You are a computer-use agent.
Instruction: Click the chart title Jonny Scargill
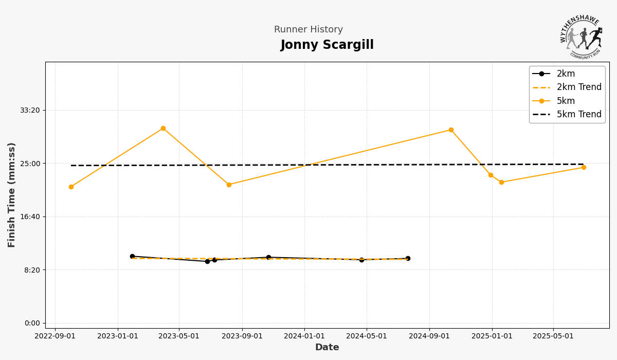327,45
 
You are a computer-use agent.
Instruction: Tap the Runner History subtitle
308,30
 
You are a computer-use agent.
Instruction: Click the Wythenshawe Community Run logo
582,36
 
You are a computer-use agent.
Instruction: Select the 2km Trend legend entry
578,87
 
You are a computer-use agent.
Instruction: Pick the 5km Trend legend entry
578,115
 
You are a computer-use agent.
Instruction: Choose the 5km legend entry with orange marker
566,101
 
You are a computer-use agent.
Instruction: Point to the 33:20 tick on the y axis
30,110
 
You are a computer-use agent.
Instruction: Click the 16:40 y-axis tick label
30,217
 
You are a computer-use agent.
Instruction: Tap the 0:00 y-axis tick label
31,323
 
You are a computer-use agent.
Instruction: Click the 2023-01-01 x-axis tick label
118,336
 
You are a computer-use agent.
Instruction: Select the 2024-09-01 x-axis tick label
429,336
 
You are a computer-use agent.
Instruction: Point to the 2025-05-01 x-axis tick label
553,336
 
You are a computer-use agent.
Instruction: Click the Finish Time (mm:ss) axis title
12,195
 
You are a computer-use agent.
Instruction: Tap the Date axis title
327,348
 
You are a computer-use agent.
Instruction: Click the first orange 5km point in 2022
71,187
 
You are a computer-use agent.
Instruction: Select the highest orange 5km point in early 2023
163,128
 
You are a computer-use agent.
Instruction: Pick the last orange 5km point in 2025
584,167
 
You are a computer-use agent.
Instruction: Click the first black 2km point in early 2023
132,256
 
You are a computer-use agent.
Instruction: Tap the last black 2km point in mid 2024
408,258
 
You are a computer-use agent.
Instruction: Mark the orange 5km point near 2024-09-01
451,130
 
